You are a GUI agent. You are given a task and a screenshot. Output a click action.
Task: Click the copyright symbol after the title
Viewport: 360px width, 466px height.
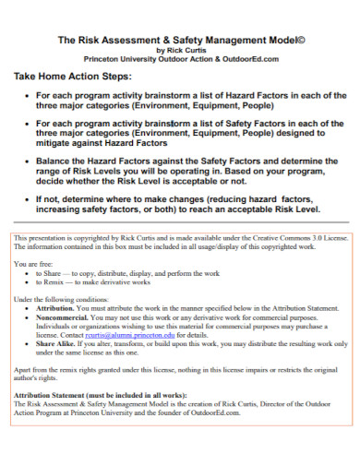(304, 40)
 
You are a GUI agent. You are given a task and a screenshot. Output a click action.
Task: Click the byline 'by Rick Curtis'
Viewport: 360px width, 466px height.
(180, 50)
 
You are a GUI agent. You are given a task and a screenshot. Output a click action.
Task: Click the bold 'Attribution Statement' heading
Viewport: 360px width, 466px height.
(59, 394)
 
